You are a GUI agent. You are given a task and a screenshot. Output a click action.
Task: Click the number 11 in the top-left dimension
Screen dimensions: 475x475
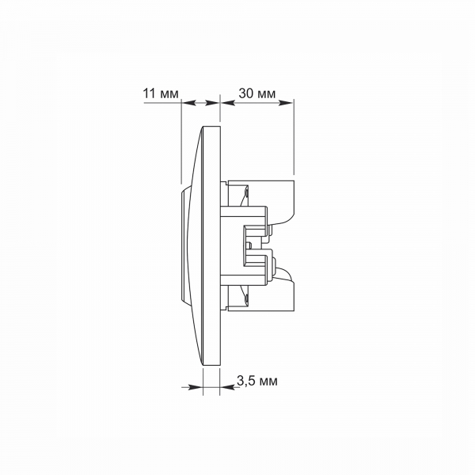click(x=150, y=93)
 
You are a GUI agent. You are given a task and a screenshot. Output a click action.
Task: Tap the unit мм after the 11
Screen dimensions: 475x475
click(x=169, y=94)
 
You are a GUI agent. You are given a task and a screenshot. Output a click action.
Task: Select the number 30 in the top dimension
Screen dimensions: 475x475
click(x=246, y=93)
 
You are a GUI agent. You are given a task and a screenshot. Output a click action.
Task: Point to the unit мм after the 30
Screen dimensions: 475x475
click(x=267, y=94)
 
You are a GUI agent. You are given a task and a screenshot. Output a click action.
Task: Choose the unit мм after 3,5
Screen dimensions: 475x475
click(x=268, y=382)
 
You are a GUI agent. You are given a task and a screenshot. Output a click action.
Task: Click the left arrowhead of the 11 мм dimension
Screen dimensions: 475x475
click(x=188, y=103)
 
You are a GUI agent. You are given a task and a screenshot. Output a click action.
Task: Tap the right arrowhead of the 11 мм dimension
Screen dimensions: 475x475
click(x=211, y=103)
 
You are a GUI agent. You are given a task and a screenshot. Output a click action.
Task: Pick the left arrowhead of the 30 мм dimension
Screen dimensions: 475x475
click(x=228, y=103)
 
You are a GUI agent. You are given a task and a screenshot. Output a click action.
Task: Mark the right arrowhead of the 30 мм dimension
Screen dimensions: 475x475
click(x=286, y=103)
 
